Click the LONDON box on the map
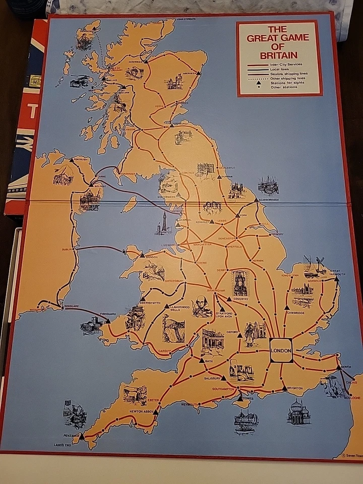click(x=281, y=350)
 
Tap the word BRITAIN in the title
click(x=278, y=55)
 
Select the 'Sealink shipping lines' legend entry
click(x=288, y=74)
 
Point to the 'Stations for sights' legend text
click(x=288, y=83)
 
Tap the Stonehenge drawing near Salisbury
click(x=241, y=372)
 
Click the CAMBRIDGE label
click(x=296, y=313)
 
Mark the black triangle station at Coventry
click(x=229, y=299)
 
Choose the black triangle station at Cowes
click(x=240, y=398)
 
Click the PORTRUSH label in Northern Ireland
click(x=80, y=159)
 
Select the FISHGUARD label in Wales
click(x=108, y=314)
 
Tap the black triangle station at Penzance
click(x=82, y=437)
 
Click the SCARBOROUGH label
click(x=269, y=200)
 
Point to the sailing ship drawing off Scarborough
click(x=268, y=185)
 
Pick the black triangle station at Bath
click(x=202, y=360)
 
